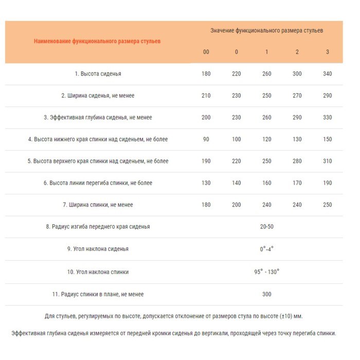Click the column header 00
(206, 52)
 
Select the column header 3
(328, 52)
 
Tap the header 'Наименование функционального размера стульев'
(97, 41)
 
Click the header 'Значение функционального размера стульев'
(266, 31)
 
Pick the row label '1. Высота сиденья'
(98, 74)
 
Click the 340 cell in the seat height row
(328, 74)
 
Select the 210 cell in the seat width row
(206, 96)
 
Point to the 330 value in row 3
(328, 118)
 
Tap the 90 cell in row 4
(206, 139)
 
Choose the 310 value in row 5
(328, 161)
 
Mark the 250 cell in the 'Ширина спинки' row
(328, 205)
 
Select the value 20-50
(266, 227)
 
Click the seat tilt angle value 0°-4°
(266, 249)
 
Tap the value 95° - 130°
(266, 271)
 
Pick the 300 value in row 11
(266, 294)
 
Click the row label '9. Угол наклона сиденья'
(98, 249)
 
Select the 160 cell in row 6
(266, 183)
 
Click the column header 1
(266, 52)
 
